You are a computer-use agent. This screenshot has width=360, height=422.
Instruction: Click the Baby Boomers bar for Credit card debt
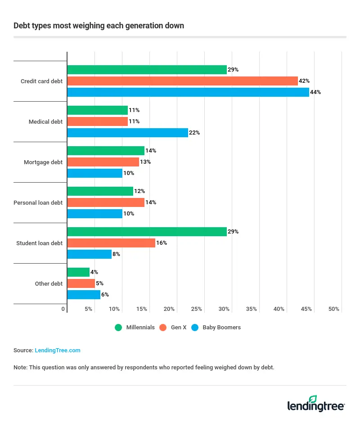188,92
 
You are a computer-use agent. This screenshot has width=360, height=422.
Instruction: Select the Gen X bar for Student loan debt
111,243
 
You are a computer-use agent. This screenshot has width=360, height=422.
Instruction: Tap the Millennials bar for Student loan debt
147,232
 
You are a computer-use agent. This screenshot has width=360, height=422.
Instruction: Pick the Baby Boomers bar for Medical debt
127,133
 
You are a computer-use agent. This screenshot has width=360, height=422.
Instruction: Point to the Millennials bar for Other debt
78,272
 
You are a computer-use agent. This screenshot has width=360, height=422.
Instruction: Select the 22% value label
194,133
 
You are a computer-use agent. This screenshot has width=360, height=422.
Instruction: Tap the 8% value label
116,254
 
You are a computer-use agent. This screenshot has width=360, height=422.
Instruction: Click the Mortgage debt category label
43,162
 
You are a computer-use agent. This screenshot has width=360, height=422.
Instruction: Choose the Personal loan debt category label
38,202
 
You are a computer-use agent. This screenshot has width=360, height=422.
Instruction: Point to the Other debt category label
49,283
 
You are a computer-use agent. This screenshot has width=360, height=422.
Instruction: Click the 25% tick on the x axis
196,309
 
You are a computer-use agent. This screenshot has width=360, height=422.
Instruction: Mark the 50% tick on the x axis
333,309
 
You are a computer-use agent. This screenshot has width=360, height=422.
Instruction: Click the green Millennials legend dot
118,328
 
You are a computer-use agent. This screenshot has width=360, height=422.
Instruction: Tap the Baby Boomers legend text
221,328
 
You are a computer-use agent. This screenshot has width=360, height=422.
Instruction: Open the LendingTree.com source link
58,350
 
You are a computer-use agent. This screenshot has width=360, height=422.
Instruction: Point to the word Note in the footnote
20,368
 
